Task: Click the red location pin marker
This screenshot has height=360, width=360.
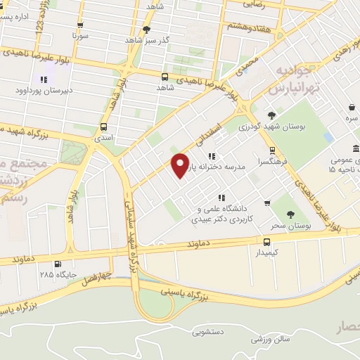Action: click(x=181, y=164)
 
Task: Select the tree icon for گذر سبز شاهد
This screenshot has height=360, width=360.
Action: click(x=146, y=30)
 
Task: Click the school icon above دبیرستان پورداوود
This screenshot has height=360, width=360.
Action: click(x=44, y=79)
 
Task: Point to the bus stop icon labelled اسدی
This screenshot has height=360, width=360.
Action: click(x=104, y=127)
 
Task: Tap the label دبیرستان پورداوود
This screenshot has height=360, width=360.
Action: click(x=42, y=91)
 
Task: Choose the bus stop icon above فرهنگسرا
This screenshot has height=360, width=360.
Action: click(x=272, y=150)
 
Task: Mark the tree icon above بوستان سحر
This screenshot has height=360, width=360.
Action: click(x=290, y=215)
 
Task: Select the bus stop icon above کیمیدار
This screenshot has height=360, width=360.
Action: click(x=266, y=241)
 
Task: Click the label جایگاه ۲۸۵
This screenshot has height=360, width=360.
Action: click(x=56, y=274)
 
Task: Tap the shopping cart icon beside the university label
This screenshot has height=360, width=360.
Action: click(x=267, y=203)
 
